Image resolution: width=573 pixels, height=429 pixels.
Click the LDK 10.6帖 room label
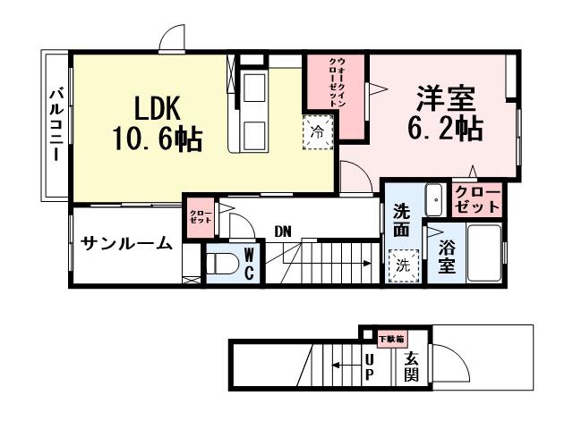[157, 122]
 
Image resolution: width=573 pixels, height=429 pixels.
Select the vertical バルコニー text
[56, 126]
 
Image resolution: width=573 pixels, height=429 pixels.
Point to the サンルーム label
[125, 242]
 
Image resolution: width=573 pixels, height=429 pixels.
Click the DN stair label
[283, 231]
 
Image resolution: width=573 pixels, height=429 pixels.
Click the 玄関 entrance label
[411, 366]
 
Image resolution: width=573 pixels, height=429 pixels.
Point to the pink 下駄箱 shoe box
[390, 339]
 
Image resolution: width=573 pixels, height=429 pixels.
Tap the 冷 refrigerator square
[319, 131]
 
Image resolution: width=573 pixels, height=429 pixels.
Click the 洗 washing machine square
[403, 265]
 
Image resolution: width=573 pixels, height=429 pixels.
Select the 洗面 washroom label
[401, 221]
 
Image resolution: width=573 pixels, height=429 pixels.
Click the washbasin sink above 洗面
[434, 200]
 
